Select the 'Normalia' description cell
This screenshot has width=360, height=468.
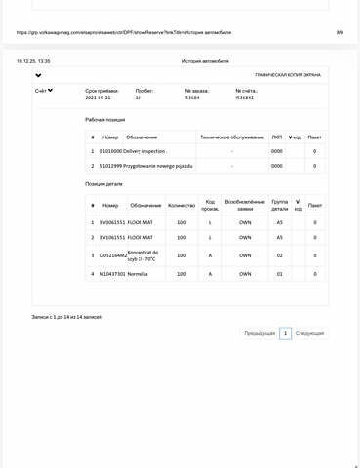[137, 274]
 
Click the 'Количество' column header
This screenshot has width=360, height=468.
[181, 205]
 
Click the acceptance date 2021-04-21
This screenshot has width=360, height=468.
[99, 98]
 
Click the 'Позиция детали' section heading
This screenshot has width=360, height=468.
[104, 183]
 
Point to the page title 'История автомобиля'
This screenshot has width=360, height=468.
[206, 60]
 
